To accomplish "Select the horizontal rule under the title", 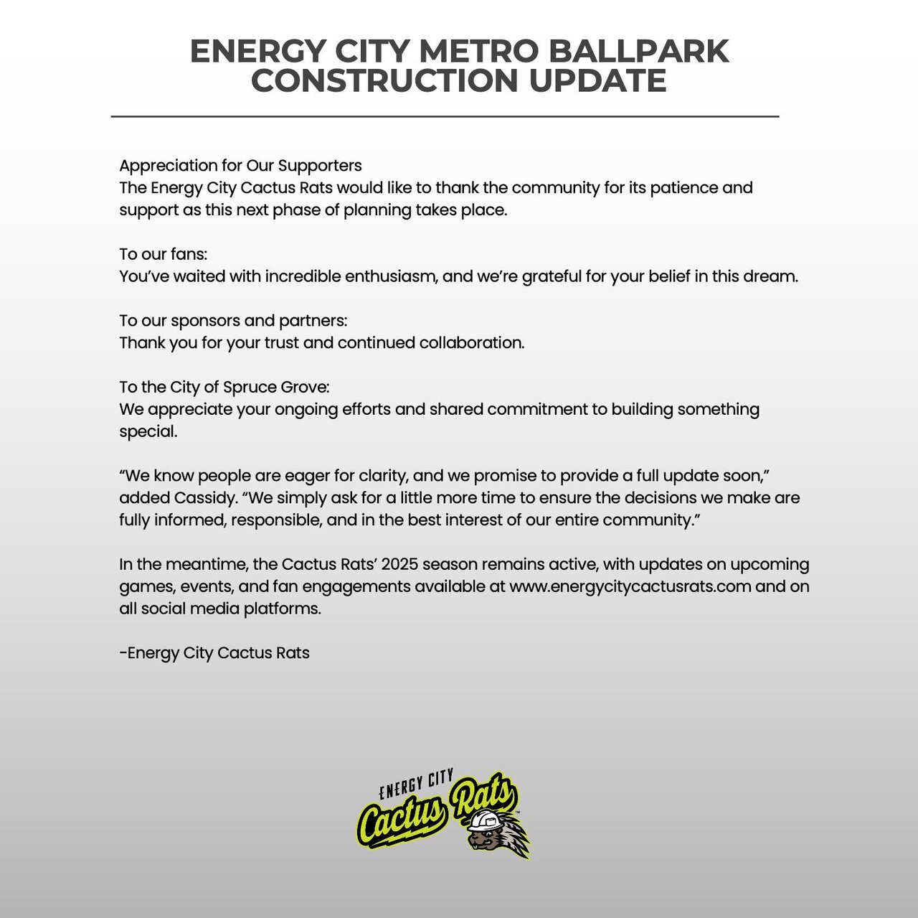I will tap(445, 116).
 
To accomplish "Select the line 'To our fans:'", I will tap(163, 254).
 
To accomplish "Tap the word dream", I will tap(772, 276).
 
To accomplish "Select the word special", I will tap(147, 432).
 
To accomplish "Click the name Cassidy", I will tap(202, 498).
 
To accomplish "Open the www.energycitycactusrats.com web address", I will tap(630, 586).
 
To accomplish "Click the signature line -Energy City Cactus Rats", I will tap(214, 653).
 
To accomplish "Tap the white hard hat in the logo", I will tap(488, 819).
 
